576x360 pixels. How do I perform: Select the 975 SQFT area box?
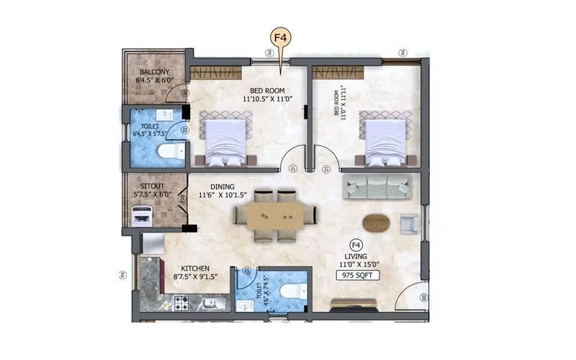(x=355, y=275)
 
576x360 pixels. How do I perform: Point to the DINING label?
(x=222, y=186)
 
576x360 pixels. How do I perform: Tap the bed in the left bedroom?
(x=228, y=140)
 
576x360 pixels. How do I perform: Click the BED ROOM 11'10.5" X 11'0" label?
(x=264, y=94)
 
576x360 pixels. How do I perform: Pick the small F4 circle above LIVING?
(x=354, y=244)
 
